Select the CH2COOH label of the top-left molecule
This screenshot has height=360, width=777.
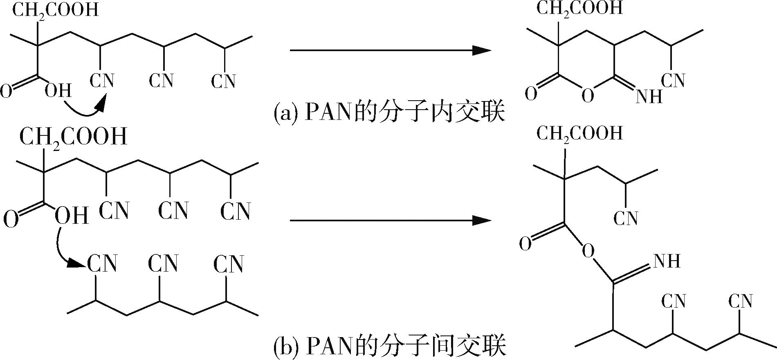coord(55,10)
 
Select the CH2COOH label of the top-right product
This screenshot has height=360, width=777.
coord(579,9)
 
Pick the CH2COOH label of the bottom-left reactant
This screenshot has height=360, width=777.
coord(73,137)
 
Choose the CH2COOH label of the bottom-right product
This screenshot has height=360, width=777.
coord(579,133)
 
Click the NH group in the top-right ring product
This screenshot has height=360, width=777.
coord(649,96)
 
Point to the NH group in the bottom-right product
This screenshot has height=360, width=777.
coord(667,261)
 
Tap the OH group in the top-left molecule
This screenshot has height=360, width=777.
coord(58,91)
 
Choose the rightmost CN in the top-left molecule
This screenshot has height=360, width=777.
coord(223,81)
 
